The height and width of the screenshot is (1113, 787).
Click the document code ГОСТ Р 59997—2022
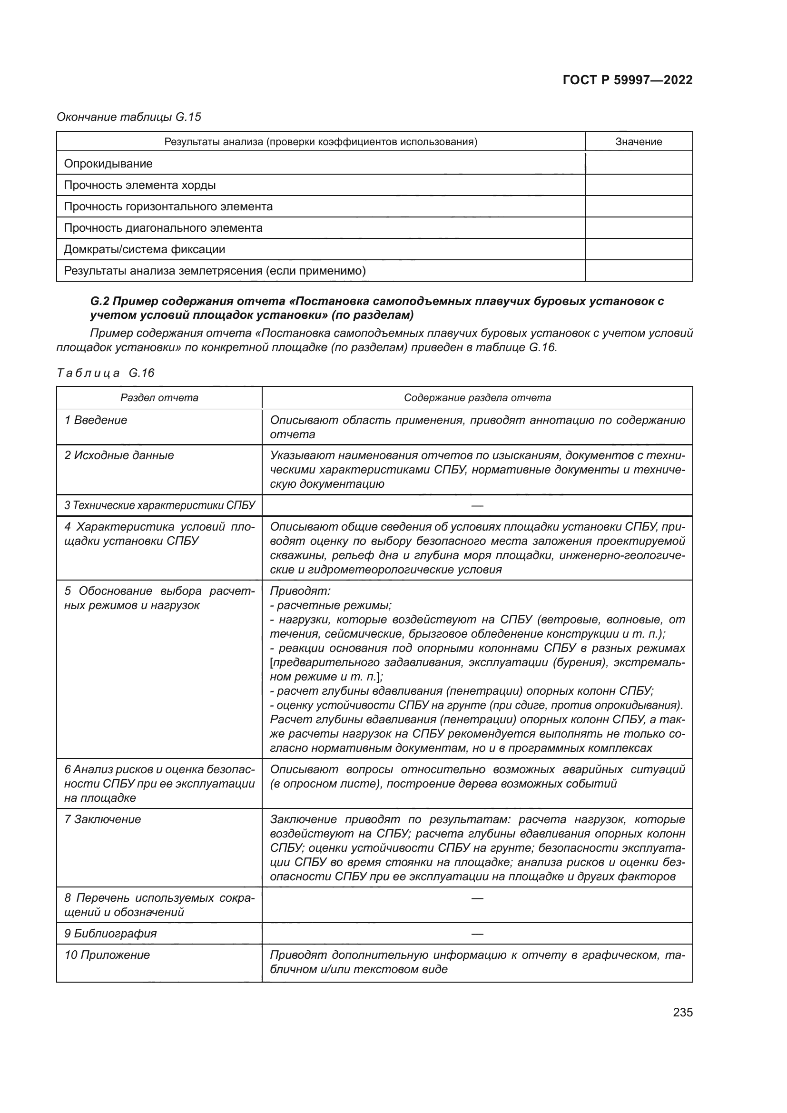(x=627, y=80)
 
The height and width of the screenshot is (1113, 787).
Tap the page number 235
(x=682, y=1012)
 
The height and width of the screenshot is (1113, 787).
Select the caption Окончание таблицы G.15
(x=128, y=117)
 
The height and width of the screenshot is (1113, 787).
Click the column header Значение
(x=638, y=141)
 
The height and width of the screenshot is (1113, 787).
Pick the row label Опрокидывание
(x=108, y=164)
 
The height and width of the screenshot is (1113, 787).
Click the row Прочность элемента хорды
(x=139, y=185)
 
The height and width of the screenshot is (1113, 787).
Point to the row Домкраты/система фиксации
(x=145, y=250)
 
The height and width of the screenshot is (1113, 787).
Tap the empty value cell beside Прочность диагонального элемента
(x=638, y=228)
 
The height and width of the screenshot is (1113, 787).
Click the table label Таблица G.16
(x=105, y=373)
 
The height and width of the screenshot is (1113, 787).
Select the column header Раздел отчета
(x=159, y=398)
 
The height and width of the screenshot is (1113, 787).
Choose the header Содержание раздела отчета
(x=477, y=398)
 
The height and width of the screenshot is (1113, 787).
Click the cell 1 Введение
(x=96, y=420)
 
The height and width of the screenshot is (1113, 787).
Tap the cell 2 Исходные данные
(x=119, y=456)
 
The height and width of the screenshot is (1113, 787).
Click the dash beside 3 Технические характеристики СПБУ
(x=477, y=506)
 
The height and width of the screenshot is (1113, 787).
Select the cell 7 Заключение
(x=102, y=820)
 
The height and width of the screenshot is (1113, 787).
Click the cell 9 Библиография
(x=110, y=934)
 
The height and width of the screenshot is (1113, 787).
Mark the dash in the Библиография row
(x=477, y=934)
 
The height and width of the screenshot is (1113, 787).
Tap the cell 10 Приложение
(x=107, y=955)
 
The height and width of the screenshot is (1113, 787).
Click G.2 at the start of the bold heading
(x=99, y=301)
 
